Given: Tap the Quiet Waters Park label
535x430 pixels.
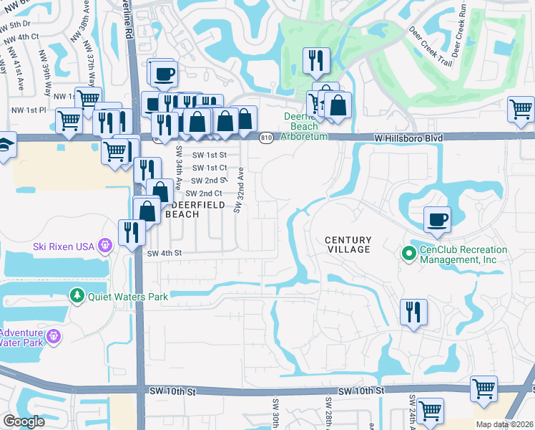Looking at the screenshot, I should pos(127,296).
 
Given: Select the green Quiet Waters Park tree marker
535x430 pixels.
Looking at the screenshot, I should pos(75,295).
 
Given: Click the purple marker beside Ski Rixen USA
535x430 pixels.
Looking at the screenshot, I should pos(106,246).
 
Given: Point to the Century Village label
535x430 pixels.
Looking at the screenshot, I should pos(348,244).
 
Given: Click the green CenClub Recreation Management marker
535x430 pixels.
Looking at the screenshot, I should pos(408,253).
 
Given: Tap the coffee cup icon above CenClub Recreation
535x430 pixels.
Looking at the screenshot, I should pos(437,220).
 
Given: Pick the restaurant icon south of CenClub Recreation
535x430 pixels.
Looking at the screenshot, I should pos(413,312).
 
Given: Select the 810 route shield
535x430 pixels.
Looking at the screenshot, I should pos(266,138).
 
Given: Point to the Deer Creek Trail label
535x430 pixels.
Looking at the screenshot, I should pos(430,49).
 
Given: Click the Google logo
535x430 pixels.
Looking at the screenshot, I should pos(24,421).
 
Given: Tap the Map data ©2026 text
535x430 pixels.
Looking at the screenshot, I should pos(504,424).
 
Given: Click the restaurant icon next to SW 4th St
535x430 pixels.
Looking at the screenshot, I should pos(132,231).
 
